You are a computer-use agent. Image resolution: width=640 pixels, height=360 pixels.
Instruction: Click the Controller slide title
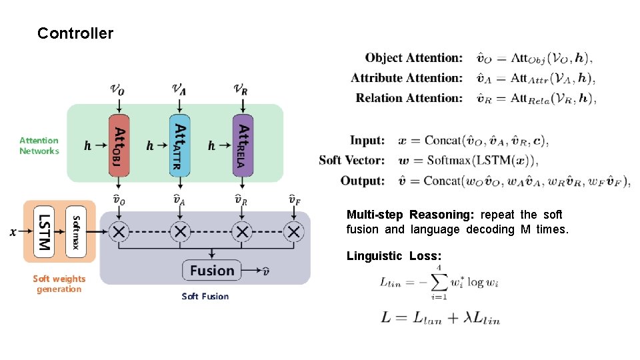75,33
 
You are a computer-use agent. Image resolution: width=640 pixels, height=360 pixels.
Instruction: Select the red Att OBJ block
119,145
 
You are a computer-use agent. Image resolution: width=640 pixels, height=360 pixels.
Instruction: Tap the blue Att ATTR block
179,145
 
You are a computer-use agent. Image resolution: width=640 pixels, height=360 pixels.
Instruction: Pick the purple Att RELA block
243,145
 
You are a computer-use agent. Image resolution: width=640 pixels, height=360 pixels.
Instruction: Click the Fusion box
212,271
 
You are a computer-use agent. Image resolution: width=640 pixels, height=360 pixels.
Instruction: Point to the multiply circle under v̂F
293,232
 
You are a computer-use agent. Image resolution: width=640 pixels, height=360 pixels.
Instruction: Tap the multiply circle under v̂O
119,232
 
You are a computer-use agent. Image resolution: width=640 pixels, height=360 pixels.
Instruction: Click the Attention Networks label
39,145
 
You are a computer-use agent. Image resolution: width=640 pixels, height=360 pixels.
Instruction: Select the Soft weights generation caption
59,284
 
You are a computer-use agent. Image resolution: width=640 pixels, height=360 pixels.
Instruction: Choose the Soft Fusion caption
205,296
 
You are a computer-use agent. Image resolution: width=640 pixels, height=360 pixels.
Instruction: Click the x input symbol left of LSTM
13,232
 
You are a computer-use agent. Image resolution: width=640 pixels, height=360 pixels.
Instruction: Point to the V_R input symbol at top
241,88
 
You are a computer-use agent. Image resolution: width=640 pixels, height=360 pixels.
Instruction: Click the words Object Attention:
413,59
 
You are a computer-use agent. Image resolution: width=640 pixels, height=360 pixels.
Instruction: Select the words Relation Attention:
409,98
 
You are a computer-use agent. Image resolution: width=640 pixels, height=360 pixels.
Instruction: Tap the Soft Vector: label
351,161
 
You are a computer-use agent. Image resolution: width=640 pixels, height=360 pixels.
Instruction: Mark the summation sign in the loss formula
438,283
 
